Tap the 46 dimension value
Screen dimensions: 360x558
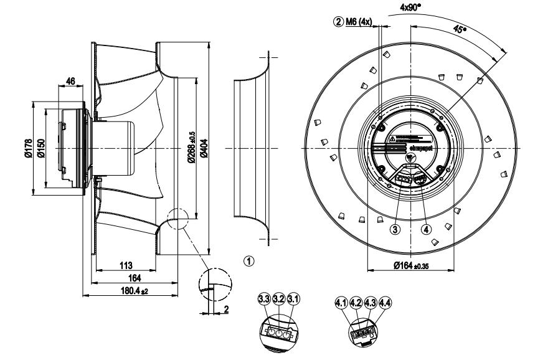pyautogui.click(x=70, y=81)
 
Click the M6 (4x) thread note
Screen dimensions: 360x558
pyautogui.click(x=355, y=22)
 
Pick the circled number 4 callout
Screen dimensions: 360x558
pyautogui.click(x=427, y=228)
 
